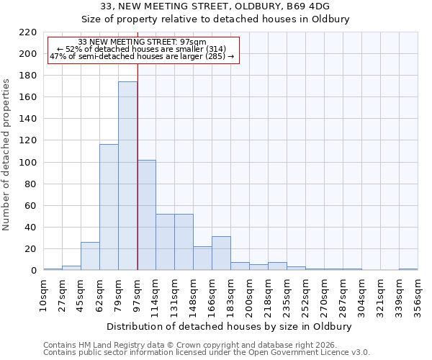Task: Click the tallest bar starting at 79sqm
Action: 127,176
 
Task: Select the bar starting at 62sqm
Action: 109,207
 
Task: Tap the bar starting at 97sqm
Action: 146,215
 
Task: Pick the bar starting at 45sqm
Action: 90,256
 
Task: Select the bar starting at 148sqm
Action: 202,258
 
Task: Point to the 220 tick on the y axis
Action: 27,32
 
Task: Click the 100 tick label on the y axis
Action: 27,163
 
